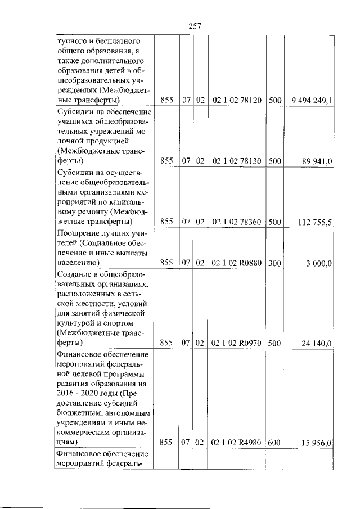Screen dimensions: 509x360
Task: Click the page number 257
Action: point(195,26)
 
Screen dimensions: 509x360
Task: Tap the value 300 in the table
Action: point(274,262)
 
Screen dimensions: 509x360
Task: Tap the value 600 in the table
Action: point(274,443)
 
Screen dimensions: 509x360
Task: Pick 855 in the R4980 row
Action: point(166,443)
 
